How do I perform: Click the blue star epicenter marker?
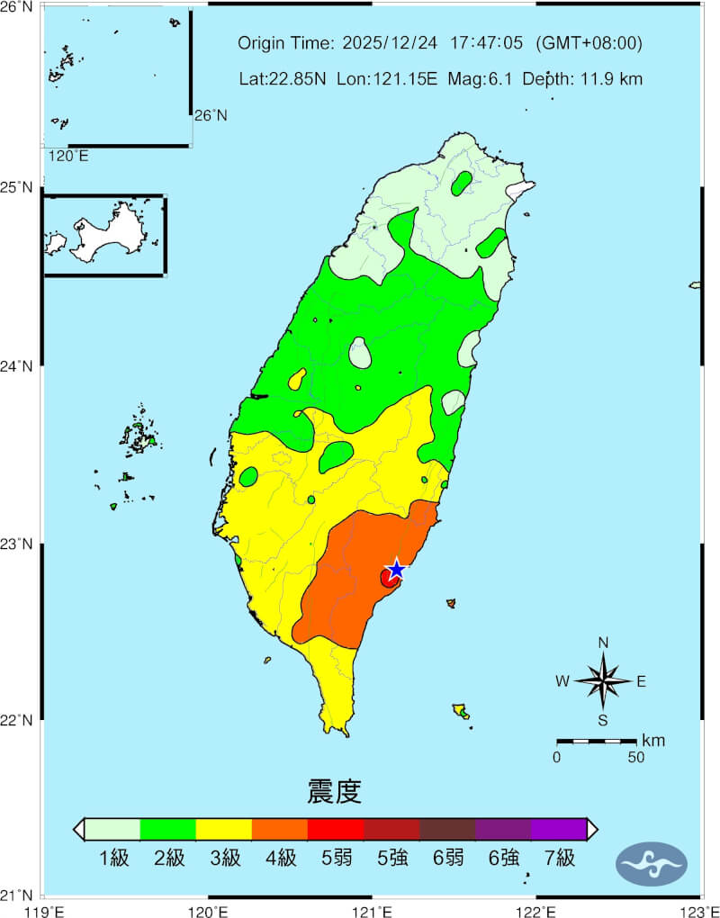click(x=396, y=570)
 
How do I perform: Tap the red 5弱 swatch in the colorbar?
click(x=336, y=829)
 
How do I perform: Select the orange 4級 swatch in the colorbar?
click(x=280, y=829)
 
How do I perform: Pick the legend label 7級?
click(x=559, y=858)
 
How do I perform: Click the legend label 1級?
click(x=113, y=858)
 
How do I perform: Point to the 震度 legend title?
click(x=334, y=792)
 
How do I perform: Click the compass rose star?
click(x=603, y=680)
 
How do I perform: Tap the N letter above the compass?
click(x=603, y=643)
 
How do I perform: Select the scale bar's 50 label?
click(x=635, y=757)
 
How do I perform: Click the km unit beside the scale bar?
click(x=653, y=741)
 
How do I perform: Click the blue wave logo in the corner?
click(x=652, y=864)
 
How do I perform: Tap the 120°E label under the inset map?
click(x=67, y=156)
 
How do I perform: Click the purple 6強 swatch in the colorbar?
click(x=503, y=829)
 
